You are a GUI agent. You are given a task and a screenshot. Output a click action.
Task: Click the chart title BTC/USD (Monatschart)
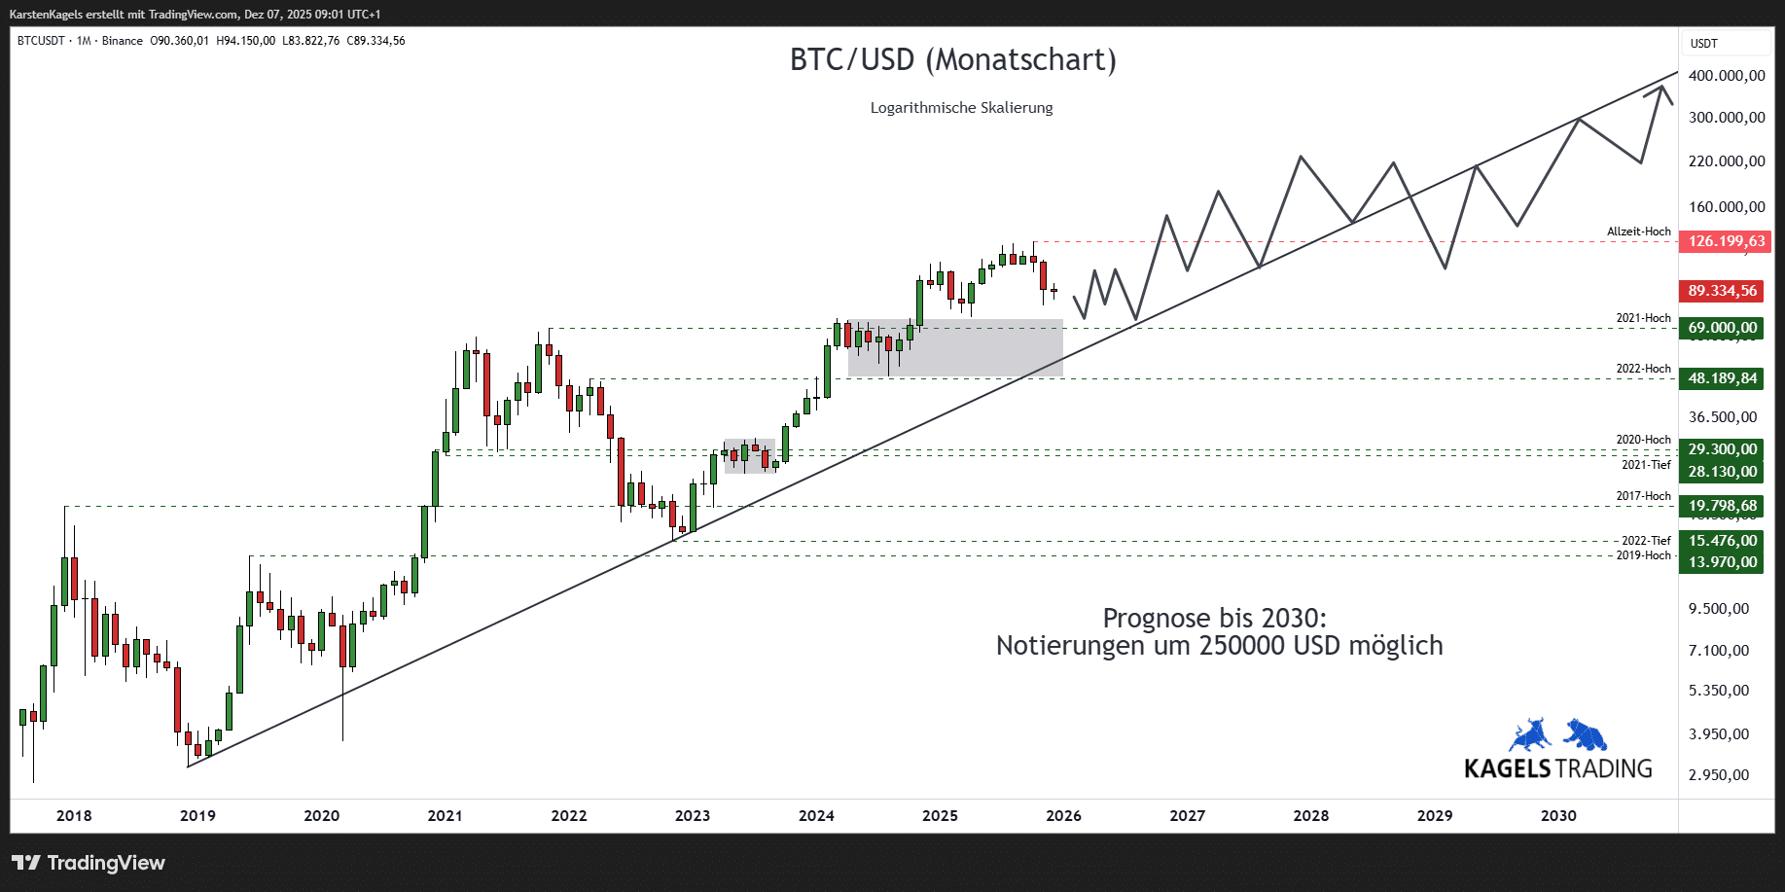[952, 60]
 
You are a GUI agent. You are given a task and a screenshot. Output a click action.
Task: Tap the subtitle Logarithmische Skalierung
[961, 108]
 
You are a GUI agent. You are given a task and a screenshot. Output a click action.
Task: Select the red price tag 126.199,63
[1726, 241]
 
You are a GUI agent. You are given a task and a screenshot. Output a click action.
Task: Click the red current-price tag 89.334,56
[1722, 291]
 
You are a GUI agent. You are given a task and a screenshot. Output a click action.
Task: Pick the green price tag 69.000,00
[1722, 328]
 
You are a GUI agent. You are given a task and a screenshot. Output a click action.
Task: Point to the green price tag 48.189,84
[1722, 378]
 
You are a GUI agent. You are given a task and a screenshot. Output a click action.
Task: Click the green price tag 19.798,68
[1722, 506]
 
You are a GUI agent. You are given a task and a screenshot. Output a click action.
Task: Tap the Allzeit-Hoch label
[1638, 232]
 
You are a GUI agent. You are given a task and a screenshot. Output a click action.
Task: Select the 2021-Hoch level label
[1643, 318]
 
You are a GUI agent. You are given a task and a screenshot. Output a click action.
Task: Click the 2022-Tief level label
[1646, 541]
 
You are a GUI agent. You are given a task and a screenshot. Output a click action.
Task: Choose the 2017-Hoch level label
[1643, 496]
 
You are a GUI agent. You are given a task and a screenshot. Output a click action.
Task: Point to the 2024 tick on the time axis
[816, 816]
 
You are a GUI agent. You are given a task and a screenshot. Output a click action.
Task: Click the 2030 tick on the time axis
[1558, 816]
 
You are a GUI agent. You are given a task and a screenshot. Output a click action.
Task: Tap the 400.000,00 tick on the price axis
[1727, 76]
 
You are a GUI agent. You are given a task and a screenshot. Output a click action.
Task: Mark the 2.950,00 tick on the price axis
[1719, 775]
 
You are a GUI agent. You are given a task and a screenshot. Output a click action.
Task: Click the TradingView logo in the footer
[89, 863]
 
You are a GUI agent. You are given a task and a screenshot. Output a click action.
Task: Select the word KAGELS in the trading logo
[1507, 768]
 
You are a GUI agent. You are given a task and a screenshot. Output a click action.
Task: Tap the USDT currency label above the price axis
[1703, 44]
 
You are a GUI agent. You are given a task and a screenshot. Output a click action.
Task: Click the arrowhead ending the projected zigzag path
[1660, 89]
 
